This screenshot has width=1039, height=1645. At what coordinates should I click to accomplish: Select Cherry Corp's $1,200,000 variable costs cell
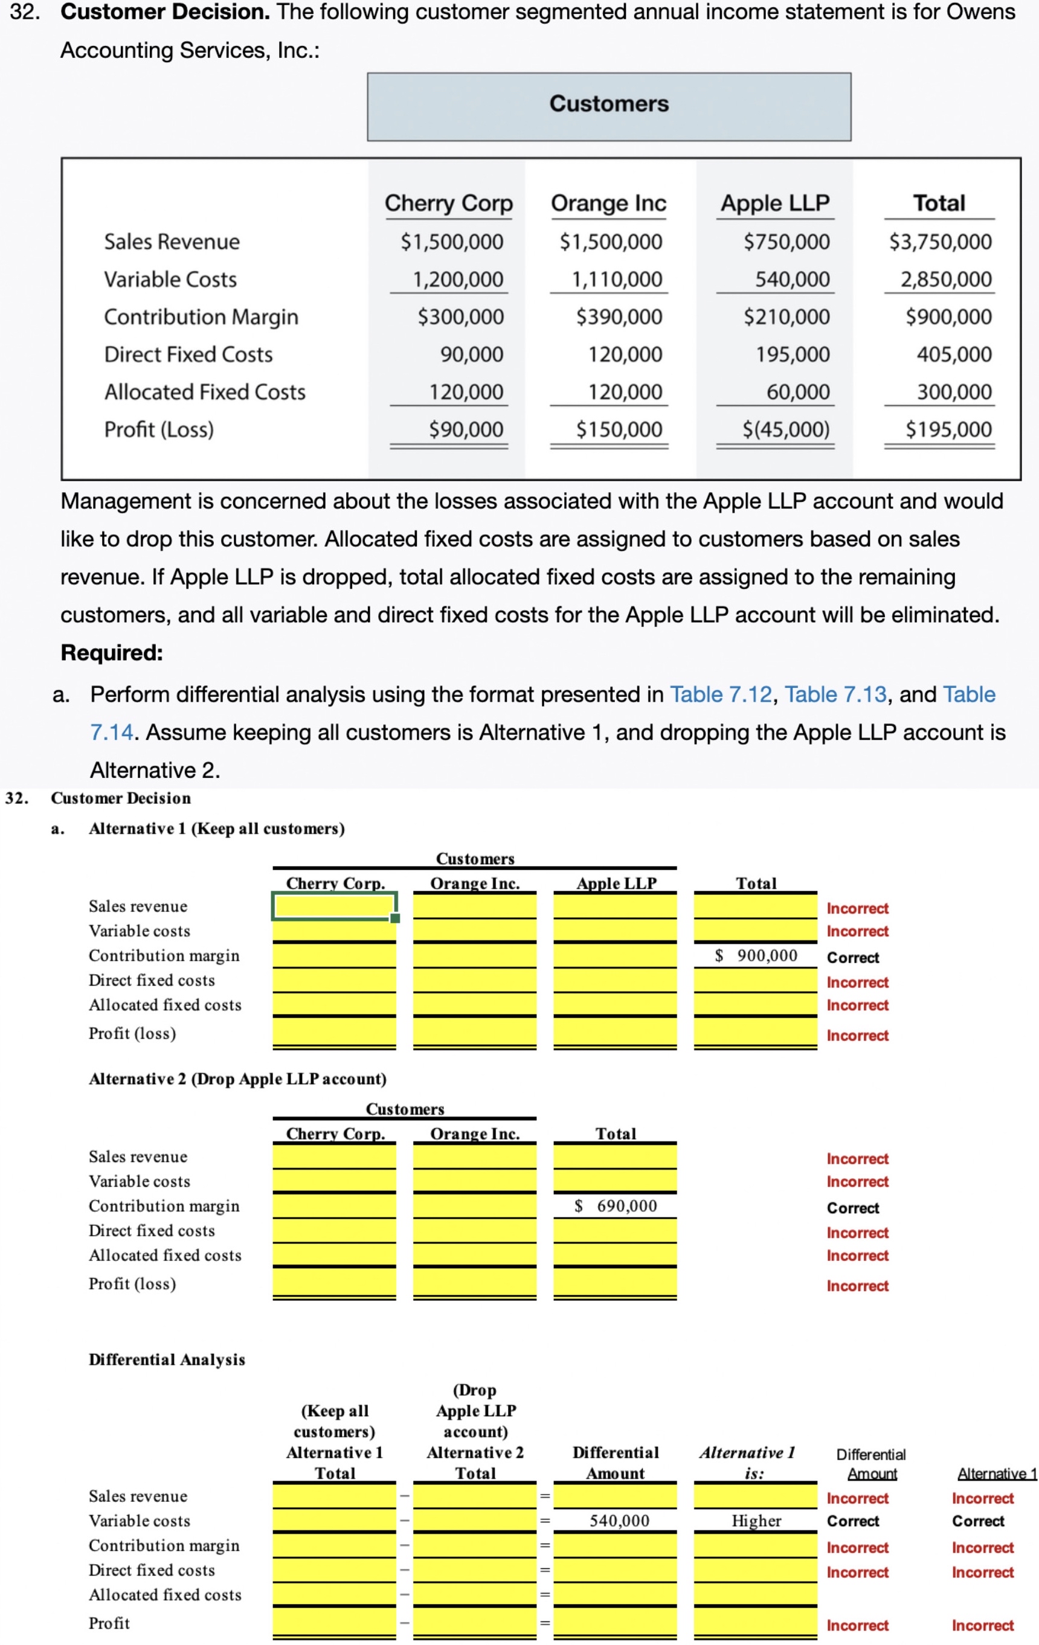pyautogui.click(x=457, y=280)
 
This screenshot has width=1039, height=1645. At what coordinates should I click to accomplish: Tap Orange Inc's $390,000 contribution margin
pyautogui.click(x=619, y=317)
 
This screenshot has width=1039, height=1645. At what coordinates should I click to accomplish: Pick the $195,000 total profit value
pyautogui.click(x=948, y=430)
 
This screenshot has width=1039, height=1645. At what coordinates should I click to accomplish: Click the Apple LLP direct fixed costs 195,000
pyautogui.click(x=793, y=354)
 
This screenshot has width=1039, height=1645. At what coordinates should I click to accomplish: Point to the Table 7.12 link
pyautogui.click(x=721, y=694)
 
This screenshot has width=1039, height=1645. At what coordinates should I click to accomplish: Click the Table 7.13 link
pyautogui.click(x=835, y=694)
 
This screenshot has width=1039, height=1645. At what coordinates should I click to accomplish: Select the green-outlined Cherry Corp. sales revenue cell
pyautogui.click(x=334, y=906)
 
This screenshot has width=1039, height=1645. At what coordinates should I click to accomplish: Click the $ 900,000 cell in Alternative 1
pyautogui.click(x=756, y=956)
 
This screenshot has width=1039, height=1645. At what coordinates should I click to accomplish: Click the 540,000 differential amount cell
pyautogui.click(x=619, y=1521)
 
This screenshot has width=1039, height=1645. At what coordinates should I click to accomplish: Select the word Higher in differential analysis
pyautogui.click(x=756, y=1521)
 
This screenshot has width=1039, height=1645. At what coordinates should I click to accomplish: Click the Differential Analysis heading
pyautogui.click(x=167, y=1359)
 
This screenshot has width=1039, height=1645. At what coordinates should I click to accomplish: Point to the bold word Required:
pyautogui.click(x=112, y=652)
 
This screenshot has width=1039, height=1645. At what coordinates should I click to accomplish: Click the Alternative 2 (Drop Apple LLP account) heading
pyautogui.click(x=237, y=1079)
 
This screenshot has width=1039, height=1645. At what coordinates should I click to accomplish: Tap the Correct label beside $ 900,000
pyautogui.click(x=852, y=958)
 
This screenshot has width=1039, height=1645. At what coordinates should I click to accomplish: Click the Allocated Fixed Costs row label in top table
pyautogui.click(x=204, y=392)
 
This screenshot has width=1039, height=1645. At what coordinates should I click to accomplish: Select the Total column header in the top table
pyautogui.click(x=939, y=204)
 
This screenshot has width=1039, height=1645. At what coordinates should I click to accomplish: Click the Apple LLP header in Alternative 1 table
pyautogui.click(x=616, y=883)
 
